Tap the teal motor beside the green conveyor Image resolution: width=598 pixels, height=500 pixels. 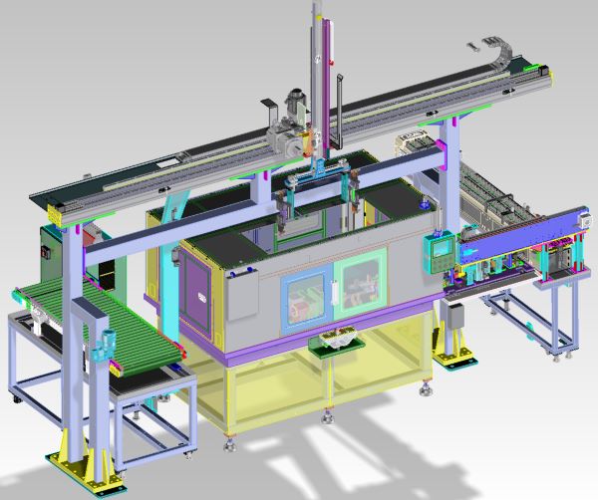[x=103, y=344]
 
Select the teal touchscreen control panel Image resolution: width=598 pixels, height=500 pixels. [x=438, y=250]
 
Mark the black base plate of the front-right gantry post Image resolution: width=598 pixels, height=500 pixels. [x=448, y=360]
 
